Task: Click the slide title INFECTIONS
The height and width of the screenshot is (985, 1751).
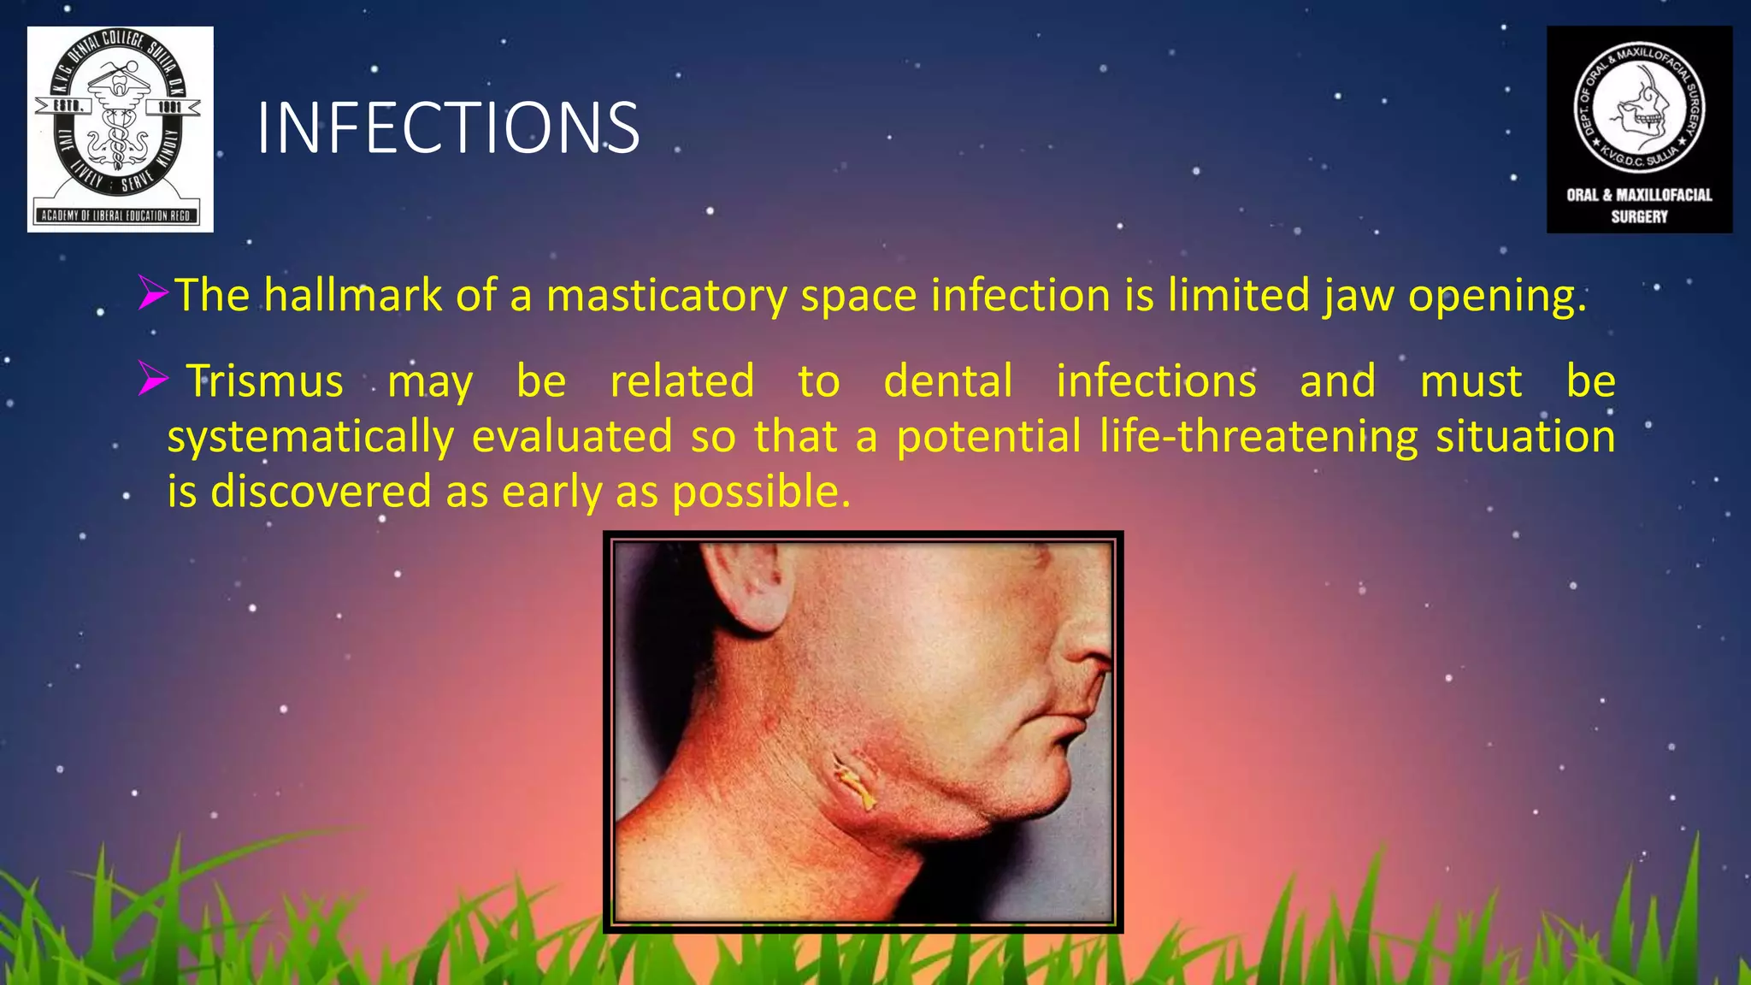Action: point(447,128)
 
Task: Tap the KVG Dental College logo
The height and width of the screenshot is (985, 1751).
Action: point(120,129)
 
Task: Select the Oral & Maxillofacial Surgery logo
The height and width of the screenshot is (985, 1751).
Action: point(1639,129)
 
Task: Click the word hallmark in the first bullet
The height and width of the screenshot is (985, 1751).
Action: point(353,295)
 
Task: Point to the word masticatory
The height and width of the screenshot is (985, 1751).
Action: point(667,295)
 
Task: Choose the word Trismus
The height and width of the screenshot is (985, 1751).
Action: point(265,381)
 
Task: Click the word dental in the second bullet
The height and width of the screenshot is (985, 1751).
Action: point(948,381)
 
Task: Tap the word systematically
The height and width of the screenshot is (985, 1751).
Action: point(310,437)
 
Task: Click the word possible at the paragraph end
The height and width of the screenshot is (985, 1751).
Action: point(761,492)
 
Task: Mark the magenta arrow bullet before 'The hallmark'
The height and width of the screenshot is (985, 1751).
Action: point(154,293)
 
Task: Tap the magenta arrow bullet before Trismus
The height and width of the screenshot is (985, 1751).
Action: point(154,379)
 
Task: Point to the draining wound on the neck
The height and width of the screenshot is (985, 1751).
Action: point(855,780)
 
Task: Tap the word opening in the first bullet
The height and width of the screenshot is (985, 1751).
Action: point(1496,295)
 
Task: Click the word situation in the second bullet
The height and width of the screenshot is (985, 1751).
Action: point(1525,437)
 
